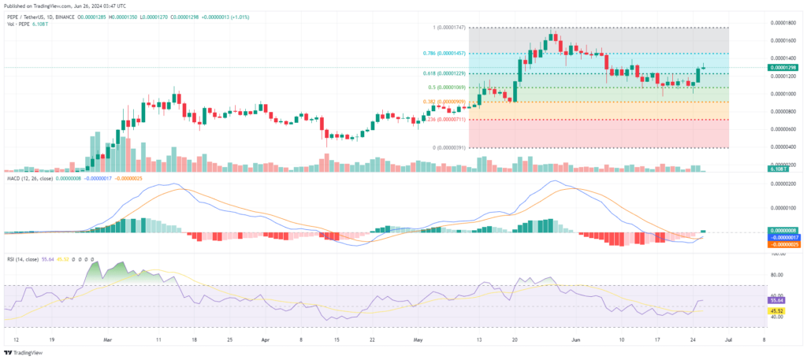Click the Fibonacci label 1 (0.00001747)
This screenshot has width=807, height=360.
(x=448, y=28)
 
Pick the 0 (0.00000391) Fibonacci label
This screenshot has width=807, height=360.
(x=448, y=147)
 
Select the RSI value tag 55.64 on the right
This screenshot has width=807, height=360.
(x=776, y=300)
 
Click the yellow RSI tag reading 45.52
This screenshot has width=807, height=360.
(x=776, y=310)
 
